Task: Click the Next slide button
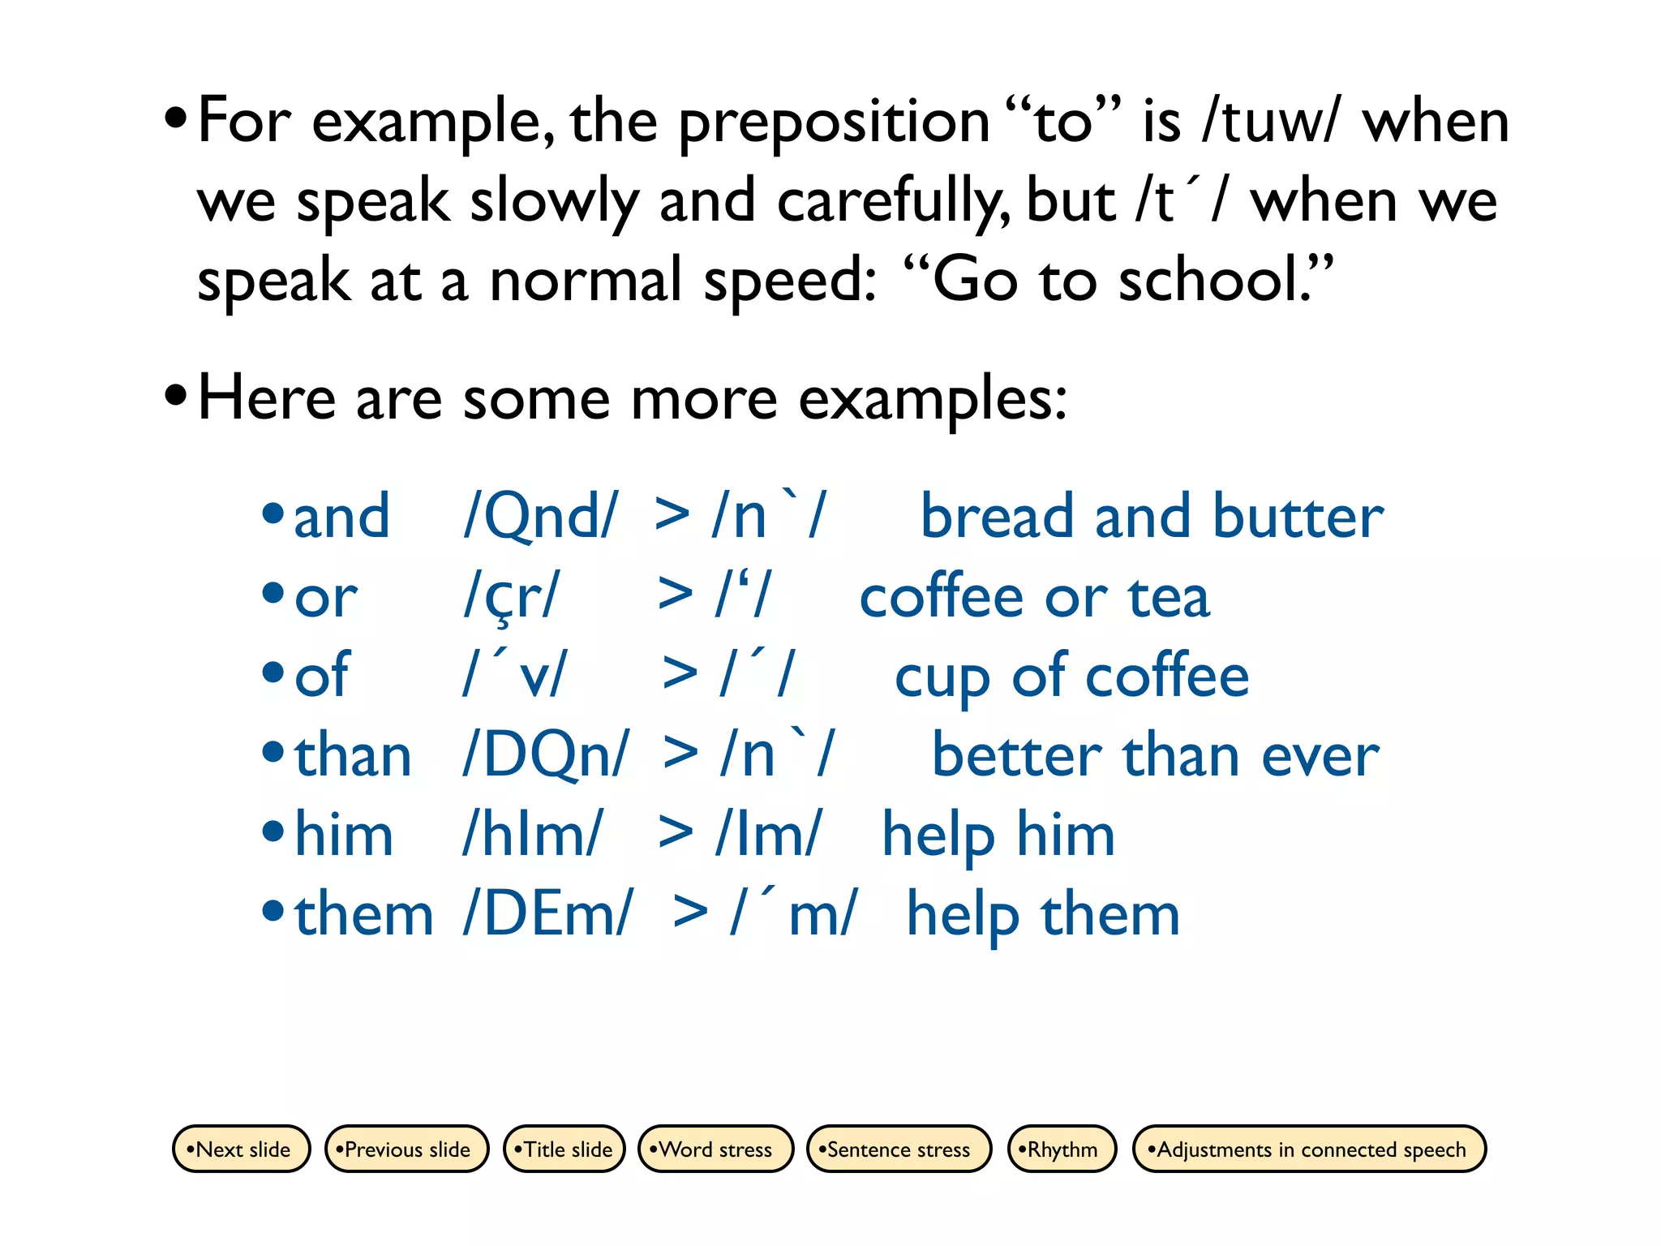tap(242, 1149)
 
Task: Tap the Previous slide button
tap(406, 1149)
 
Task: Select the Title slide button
tap(564, 1149)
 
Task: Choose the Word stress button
tap(715, 1149)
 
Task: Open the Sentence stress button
tap(899, 1149)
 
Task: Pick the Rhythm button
tap(1062, 1149)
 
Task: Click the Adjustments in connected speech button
tap(1309, 1149)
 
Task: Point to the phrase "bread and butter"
tap(1152, 517)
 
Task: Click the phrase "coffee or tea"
tap(1034, 597)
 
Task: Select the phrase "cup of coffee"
tap(1071, 677)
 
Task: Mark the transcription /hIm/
tap(533, 835)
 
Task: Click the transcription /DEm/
tap(547, 915)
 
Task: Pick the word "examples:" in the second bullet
tap(933, 400)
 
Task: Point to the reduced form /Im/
tap(768, 835)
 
